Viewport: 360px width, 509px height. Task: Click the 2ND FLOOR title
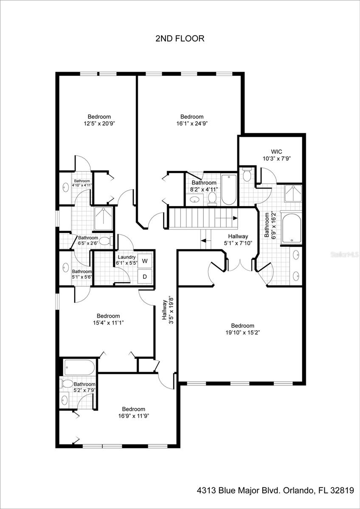[180, 39]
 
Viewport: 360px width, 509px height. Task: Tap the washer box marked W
[145, 261]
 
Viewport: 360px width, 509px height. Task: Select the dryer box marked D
[145, 277]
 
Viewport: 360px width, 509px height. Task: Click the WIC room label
[276, 151]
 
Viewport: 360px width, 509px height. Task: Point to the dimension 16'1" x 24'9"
[192, 123]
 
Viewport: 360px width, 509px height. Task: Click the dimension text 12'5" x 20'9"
[99, 123]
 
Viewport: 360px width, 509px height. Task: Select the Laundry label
[127, 257]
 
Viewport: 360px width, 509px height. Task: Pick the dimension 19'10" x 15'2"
[243, 333]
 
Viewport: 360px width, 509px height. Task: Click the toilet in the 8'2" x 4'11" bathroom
[212, 198]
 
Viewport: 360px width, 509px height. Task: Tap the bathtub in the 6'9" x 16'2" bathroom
[292, 228]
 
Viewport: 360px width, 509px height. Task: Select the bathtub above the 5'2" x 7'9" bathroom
[79, 367]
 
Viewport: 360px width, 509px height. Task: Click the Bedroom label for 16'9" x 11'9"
[133, 409]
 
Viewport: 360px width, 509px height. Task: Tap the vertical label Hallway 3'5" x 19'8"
[168, 310]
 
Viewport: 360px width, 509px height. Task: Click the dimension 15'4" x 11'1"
[108, 323]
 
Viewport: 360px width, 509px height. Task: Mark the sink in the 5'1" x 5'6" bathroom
[66, 268]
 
